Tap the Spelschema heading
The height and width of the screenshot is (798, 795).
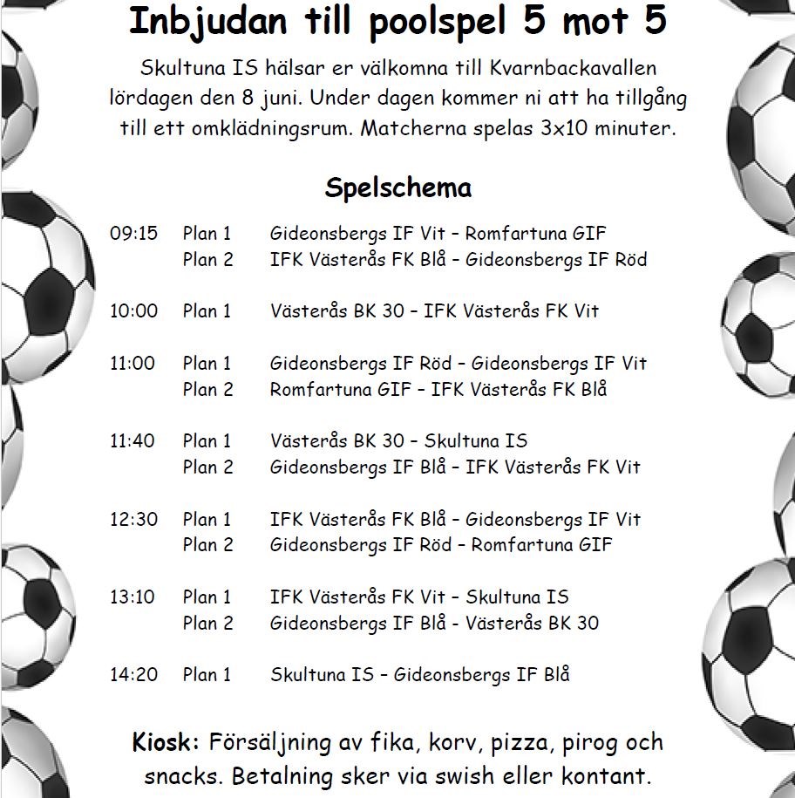pyautogui.click(x=398, y=188)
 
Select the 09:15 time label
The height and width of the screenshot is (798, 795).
pyautogui.click(x=133, y=234)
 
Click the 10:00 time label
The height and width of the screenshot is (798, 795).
pyautogui.click(x=133, y=310)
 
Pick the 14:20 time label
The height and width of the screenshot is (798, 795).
pyautogui.click(x=133, y=675)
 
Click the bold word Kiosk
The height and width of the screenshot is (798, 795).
pyautogui.click(x=166, y=743)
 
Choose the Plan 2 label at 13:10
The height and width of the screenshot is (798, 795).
pyautogui.click(x=207, y=624)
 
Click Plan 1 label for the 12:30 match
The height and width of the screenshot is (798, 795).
pyautogui.click(x=207, y=520)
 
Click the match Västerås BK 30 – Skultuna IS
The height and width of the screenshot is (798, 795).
pyautogui.click(x=398, y=441)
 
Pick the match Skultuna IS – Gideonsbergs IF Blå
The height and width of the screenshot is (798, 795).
pyautogui.click(x=419, y=675)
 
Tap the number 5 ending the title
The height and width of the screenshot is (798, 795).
pyautogui.click(x=655, y=23)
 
